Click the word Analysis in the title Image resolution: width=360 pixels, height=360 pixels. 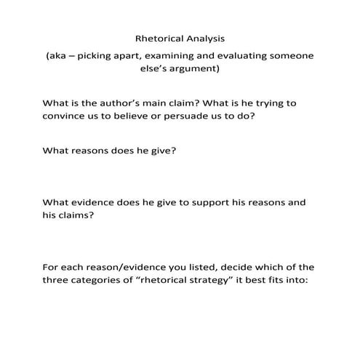point(204,38)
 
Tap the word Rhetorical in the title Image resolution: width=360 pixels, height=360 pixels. point(159,38)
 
